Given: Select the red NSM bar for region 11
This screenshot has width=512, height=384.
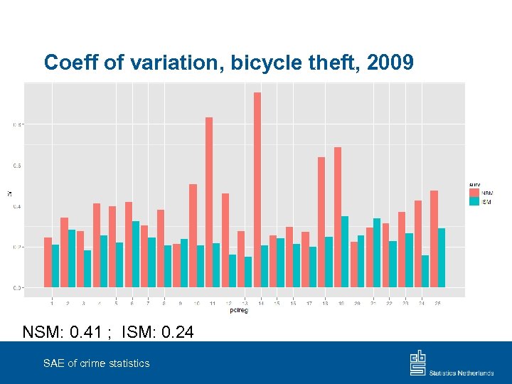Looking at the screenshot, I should [209, 203].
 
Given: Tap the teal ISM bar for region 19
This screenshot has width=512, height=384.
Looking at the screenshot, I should [345, 252].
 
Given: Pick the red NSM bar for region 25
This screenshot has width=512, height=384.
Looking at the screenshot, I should [434, 239].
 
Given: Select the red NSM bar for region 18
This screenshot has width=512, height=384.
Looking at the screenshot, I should [321, 222].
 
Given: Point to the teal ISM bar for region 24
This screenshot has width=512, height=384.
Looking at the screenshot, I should [425, 271].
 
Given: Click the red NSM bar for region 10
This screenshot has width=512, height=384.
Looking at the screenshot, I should [193, 235].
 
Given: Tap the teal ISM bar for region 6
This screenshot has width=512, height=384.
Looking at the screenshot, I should [136, 254].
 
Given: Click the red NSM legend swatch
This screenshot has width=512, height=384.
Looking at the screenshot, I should [474, 193].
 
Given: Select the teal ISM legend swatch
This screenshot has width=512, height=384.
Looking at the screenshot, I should [474, 203].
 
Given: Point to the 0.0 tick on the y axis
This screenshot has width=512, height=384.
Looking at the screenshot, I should [17, 288].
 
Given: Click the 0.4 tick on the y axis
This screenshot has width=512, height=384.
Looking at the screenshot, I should [17, 206].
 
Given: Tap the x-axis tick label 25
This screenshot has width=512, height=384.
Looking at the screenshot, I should [437, 304].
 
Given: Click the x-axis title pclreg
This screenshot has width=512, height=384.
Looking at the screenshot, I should [239, 310].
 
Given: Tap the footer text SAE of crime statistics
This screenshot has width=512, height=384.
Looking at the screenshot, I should [96, 363].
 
